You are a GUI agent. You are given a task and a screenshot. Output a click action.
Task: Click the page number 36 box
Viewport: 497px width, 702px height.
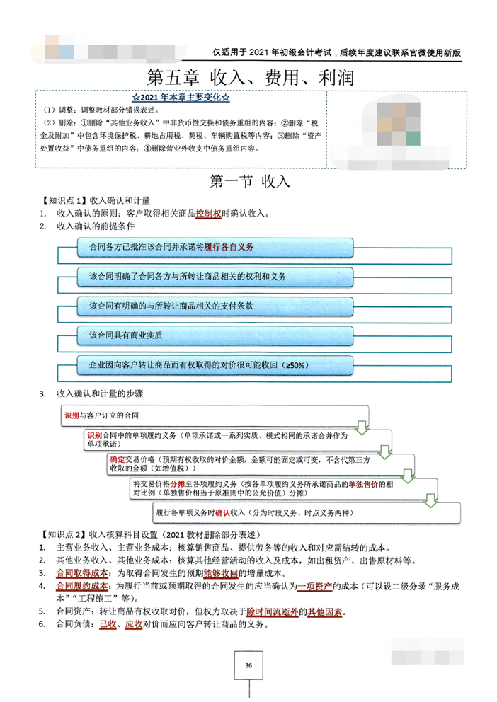pyautogui.click(x=248, y=665)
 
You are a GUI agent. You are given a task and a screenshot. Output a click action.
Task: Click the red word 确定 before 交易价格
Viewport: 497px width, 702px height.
pyautogui.click(x=117, y=459)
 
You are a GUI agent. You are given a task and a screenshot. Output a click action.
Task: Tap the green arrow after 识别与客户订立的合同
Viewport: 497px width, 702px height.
pyautogui.click(x=362, y=427)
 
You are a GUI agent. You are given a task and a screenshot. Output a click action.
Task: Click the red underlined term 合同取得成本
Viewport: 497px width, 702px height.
pyautogui.click(x=82, y=572)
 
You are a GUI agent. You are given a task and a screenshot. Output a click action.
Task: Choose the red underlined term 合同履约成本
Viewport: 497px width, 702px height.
pyautogui.click(x=82, y=586)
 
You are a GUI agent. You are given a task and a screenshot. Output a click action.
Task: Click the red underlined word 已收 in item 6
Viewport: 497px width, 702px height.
pyautogui.click(x=108, y=624)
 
